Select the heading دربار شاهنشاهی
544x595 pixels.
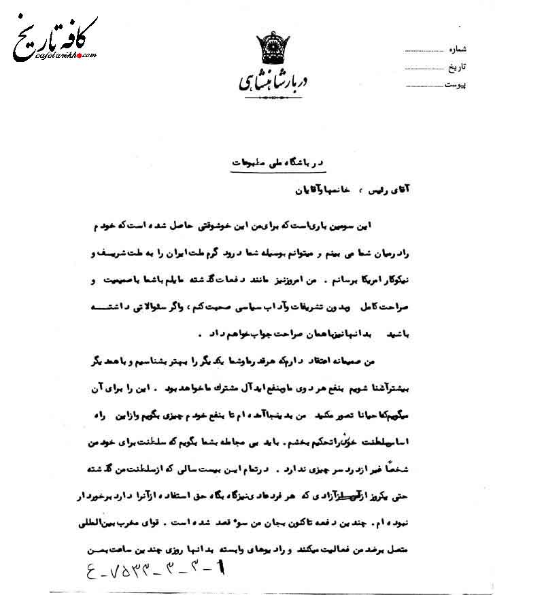266,80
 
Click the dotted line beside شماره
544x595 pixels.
424,51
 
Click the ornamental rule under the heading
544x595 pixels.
265,97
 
